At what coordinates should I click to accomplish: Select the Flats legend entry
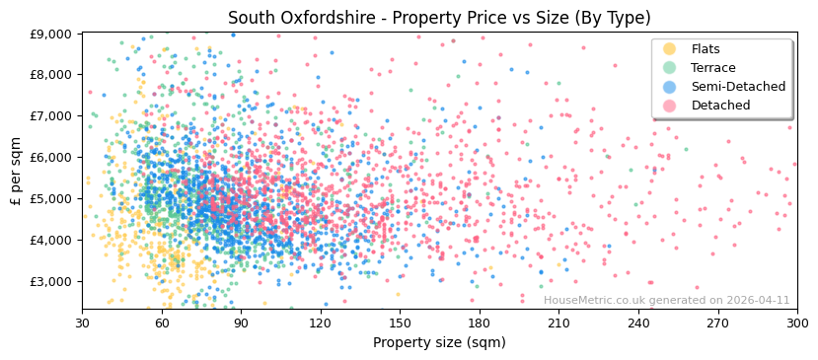(x=705, y=49)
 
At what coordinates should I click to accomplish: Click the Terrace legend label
(x=712, y=68)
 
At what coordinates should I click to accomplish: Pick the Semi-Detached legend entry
(x=738, y=87)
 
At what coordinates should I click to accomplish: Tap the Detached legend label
(x=720, y=106)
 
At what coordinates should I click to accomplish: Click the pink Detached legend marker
(x=669, y=106)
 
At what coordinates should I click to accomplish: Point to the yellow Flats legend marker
(x=669, y=49)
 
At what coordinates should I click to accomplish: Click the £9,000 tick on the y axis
(x=49, y=34)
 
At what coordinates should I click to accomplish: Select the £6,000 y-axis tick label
(x=49, y=157)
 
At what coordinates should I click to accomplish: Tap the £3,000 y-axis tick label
(x=49, y=281)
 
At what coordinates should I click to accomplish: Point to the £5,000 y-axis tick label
(x=49, y=198)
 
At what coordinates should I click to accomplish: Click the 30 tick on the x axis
(x=82, y=323)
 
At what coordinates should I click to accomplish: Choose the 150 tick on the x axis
(x=400, y=323)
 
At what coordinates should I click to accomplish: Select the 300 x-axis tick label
(x=796, y=323)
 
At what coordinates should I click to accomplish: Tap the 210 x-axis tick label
(x=558, y=323)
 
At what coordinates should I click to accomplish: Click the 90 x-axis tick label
(x=241, y=323)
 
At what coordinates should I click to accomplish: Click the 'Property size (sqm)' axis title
(x=439, y=343)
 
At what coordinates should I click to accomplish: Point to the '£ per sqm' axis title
(x=16, y=172)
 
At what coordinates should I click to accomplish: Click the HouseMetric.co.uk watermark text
(x=666, y=301)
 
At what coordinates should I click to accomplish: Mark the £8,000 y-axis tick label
(x=49, y=74)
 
